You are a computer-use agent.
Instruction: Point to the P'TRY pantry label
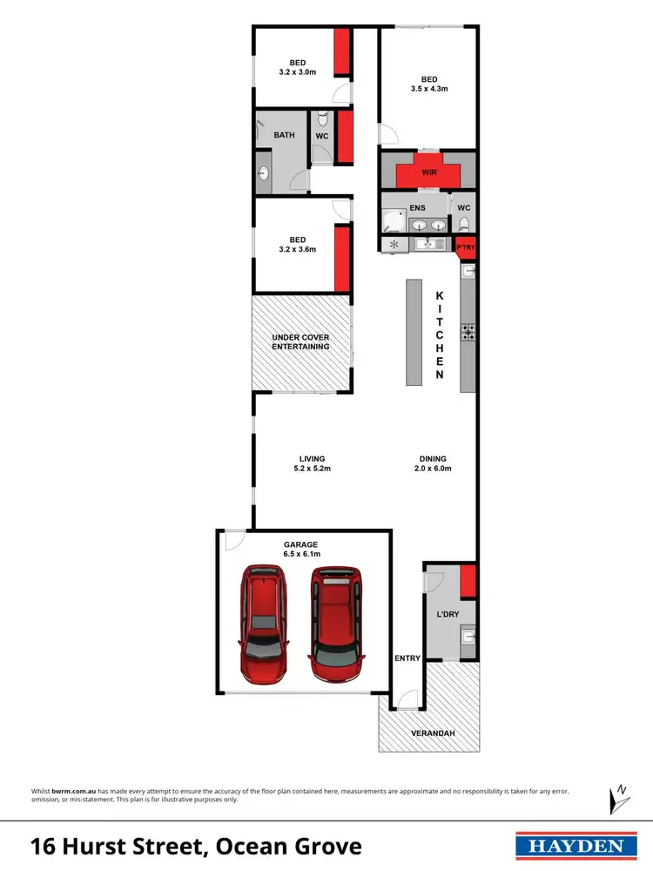(x=466, y=248)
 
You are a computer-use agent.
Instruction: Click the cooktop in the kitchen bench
(x=468, y=331)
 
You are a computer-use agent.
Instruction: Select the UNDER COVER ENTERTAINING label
(x=300, y=341)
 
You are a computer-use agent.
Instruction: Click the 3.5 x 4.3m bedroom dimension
(x=428, y=88)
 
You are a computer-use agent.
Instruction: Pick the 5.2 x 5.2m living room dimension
(x=312, y=469)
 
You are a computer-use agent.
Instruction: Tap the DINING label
(x=433, y=459)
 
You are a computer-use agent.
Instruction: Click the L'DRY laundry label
(x=447, y=615)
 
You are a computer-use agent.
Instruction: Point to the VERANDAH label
(x=433, y=733)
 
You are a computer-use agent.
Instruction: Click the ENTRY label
(x=407, y=658)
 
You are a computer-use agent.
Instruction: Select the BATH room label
(x=284, y=135)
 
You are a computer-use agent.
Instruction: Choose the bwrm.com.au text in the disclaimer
(x=72, y=791)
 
